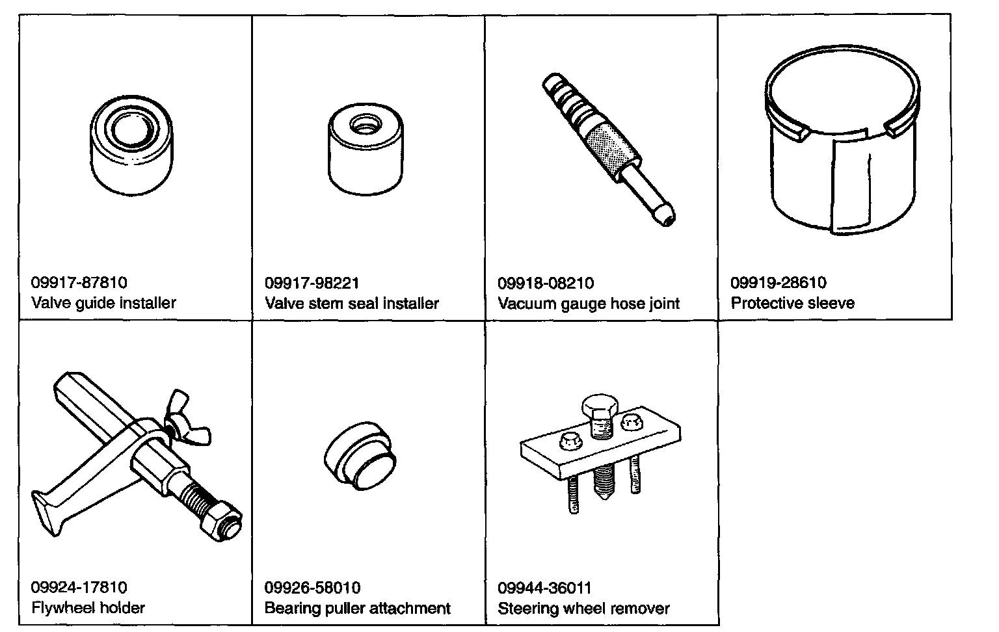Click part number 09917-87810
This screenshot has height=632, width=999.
[79, 283]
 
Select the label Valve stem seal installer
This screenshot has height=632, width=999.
[351, 303]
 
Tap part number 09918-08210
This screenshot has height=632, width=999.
[545, 283]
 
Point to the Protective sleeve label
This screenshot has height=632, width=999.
[792, 303]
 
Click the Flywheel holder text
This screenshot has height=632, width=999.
[88, 608]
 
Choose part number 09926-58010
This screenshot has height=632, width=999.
[312, 588]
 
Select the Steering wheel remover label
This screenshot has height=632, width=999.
[583, 609]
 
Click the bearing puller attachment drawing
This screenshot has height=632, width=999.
[359, 458]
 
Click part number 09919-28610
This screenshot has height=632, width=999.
[779, 283]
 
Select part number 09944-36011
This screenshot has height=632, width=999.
[544, 588]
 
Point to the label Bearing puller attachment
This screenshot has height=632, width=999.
[357, 609]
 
